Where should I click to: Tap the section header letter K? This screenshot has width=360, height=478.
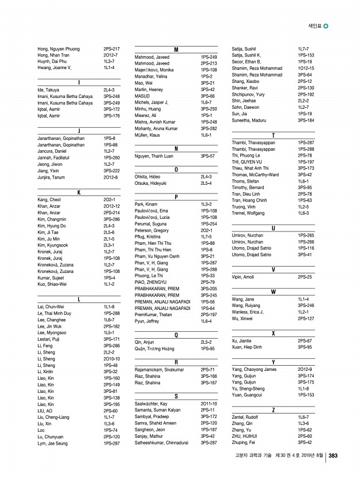(79, 192)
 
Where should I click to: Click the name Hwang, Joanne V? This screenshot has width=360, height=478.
(54, 67)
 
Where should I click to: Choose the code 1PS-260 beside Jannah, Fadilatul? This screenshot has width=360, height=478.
(112, 157)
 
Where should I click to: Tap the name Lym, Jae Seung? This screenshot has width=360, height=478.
(52, 443)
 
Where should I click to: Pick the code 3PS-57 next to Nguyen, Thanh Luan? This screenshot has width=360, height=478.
(208, 156)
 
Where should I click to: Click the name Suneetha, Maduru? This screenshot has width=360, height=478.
(248, 121)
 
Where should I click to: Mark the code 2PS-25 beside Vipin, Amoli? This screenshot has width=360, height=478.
(305, 277)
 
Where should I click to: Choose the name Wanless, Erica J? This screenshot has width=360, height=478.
(248, 312)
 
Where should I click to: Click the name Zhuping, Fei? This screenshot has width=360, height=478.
(244, 442)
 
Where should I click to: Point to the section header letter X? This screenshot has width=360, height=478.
(273, 333)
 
